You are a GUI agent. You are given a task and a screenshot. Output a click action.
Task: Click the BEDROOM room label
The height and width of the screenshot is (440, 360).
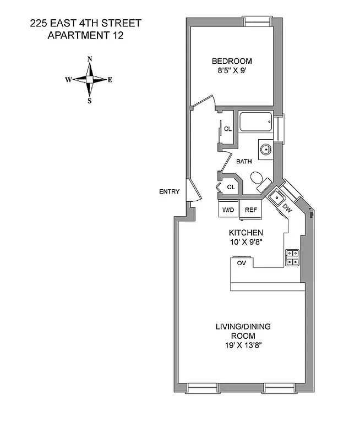pos(232,61)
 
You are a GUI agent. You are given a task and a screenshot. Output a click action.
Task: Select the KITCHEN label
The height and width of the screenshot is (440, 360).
pos(246,233)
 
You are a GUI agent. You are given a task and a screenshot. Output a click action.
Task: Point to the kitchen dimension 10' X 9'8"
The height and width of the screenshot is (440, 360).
pos(246,241)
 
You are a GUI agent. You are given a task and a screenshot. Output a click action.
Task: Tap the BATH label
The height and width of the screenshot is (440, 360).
pos(244,162)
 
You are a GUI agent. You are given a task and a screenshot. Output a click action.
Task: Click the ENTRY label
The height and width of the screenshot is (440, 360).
pos(169,191)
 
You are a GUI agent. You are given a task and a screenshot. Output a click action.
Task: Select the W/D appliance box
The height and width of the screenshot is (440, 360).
pos(228,210)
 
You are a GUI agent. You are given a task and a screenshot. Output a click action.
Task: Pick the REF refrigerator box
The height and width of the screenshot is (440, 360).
pos(250,210)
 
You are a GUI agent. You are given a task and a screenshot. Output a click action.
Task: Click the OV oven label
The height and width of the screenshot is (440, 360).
pos(241,263)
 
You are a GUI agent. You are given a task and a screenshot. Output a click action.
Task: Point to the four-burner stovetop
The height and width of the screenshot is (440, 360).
pos(292,257)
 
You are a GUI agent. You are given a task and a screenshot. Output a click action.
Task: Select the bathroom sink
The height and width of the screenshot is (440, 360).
pos(265,148)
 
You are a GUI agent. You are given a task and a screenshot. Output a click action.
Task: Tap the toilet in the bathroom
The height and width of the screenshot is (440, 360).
pos(258,179)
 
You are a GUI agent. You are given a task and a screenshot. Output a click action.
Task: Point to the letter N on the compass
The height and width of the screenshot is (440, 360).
pos(90,59)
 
